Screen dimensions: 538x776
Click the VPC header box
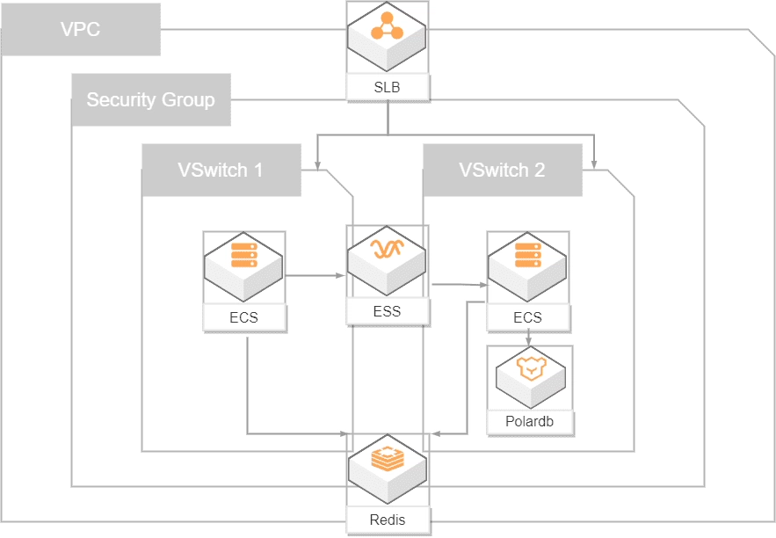(x=81, y=29)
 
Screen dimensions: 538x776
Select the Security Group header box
(x=150, y=99)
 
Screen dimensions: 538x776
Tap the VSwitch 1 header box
(x=221, y=170)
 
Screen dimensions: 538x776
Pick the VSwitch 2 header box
(x=502, y=170)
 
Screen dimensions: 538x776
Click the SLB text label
(x=388, y=88)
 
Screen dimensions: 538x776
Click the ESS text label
(x=388, y=310)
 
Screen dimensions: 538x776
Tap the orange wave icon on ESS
(x=387, y=251)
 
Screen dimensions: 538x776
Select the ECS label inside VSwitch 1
(x=243, y=317)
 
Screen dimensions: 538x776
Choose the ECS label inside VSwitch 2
(x=527, y=317)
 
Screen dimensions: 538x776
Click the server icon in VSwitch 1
(x=243, y=256)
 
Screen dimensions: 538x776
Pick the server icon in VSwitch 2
(x=527, y=256)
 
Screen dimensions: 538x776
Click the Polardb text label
(x=530, y=421)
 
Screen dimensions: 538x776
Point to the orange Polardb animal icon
(x=529, y=368)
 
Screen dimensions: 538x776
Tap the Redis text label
(x=388, y=519)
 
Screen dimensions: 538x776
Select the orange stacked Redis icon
(x=387, y=459)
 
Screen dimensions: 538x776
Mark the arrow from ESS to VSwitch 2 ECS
(x=460, y=285)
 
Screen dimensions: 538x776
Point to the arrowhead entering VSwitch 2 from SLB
(x=596, y=162)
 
